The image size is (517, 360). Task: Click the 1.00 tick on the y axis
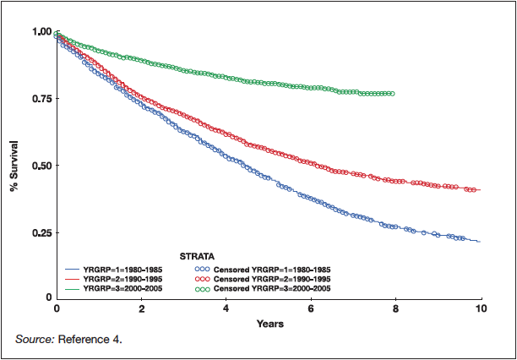pyautogui.click(x=41, y=32)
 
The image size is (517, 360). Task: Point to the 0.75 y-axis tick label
pyautogui.click(x=41, y=99)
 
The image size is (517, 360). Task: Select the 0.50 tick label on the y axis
pyautogui.click(x=41, y=166)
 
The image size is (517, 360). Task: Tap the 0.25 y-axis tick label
pyautogui.click(x=41, y=232)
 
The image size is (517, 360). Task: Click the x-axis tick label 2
pyautogui.click(x=141, y=309)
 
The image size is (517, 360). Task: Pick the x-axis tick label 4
pyautogui.click(x=226, y=309)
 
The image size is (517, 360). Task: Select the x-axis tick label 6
pyautogui.click(x=312, y=309)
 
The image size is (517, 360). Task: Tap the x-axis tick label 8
pyautogui.click(x=396, y=309)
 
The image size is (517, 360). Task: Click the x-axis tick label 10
pyautogui.click(x=481, y=309)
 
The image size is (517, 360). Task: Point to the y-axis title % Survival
pyautogui.click(x=14, y=166)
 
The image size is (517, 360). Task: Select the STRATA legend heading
pyautogui.click(x=196, y=254)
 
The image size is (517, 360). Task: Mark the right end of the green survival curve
pyautogui.click(x=393, y=94)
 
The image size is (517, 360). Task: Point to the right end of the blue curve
pyautogui.click(x=480, y=242)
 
